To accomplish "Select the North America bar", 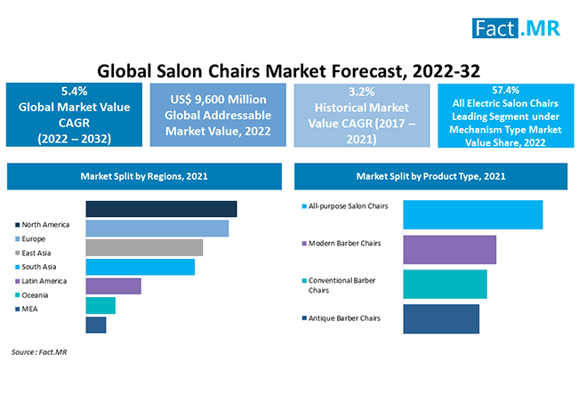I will click(161, 209).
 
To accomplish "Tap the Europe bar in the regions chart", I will click(157, 229).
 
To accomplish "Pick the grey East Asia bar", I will click(144, 247).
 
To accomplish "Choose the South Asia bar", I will click(140, 267).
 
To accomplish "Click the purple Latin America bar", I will click(114, 285).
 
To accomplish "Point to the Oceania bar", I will click(100, 305).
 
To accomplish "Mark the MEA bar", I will click(96, 325).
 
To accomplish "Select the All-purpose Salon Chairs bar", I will click(472, 215).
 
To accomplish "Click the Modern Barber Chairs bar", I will click(449, 250).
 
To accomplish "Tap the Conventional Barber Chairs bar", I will click(445, 284).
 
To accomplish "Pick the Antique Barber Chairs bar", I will click(441, 318).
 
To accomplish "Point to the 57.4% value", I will click(505, 90).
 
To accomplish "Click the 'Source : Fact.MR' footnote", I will click(40, 353).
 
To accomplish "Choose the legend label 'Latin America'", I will click(46, 280).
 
